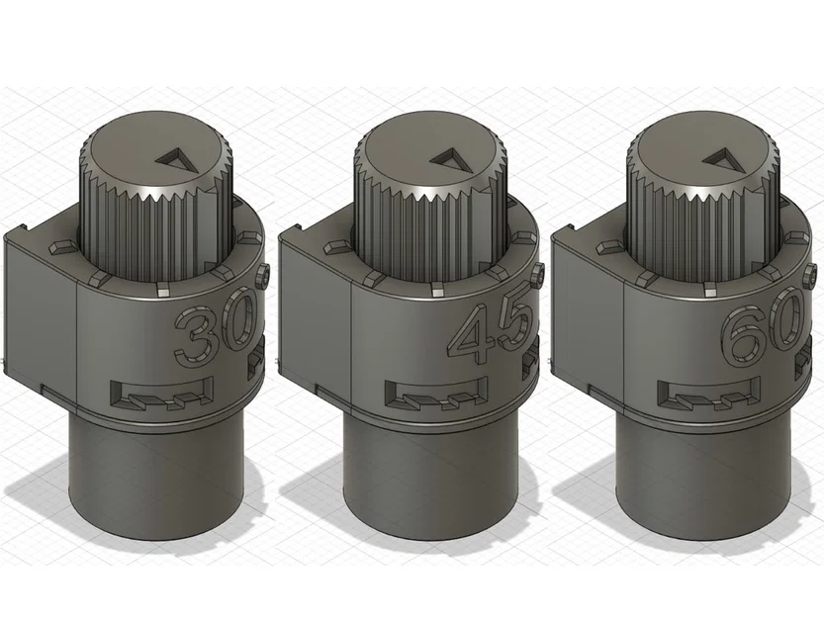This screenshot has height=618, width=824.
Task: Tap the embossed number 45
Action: tap(492, 332)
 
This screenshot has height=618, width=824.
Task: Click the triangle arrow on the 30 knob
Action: tap(179, 159)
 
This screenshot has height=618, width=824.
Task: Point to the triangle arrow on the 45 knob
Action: tap(452, 159)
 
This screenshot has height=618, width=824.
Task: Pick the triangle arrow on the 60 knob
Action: tap(725, 159)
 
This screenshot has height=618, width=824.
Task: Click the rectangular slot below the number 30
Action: tap(164, 394)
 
